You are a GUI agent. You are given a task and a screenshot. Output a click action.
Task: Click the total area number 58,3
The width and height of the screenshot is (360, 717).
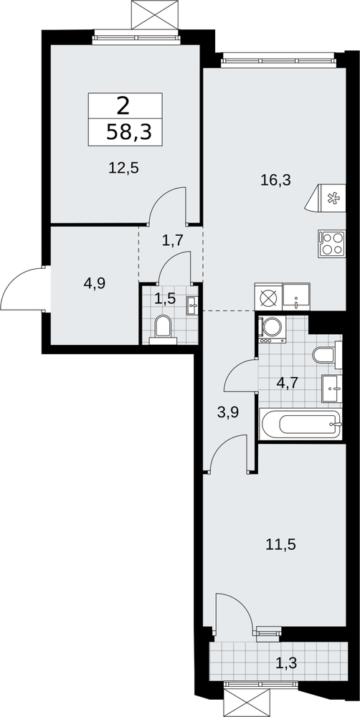pyautogui.click(x=128, y=133)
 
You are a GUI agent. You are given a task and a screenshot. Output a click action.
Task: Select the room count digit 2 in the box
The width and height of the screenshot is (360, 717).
pyautogui.click(x=123, y=107)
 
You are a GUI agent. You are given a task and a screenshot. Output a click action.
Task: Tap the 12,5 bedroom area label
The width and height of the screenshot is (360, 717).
pyautogui.click(x=123, y=168)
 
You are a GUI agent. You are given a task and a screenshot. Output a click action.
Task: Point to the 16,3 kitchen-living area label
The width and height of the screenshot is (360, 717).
pyautogui.click(x=275, y=180)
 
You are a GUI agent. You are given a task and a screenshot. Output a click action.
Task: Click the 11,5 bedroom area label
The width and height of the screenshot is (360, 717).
pyautogui.click(x=281, y=545)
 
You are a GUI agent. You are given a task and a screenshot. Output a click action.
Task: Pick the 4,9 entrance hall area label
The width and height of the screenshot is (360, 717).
pyautogui.click(x=95, y=284)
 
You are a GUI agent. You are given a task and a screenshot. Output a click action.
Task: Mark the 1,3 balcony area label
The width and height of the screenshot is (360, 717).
pyautogui.click(x=286, y=662)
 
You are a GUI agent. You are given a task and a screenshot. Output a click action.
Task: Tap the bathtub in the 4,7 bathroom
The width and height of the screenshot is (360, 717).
pyautogui.click(x=300, y=424)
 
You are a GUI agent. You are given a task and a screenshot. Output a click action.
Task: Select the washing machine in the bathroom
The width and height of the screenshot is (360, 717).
pyautogui.click(x=273, y=329)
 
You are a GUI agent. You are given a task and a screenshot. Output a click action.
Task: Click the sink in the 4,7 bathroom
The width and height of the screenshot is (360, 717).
pyautogui.click(x=332, y=389)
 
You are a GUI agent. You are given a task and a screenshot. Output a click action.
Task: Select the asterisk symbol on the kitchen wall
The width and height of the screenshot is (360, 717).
pyautogui.click(x=334, y=199)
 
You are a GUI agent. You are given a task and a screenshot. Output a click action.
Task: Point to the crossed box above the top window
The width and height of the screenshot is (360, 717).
pyautogui.click(x=154, y=15)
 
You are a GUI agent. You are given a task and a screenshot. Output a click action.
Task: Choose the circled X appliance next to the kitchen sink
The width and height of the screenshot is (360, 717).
pyautogui.click(x=268, y=298)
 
